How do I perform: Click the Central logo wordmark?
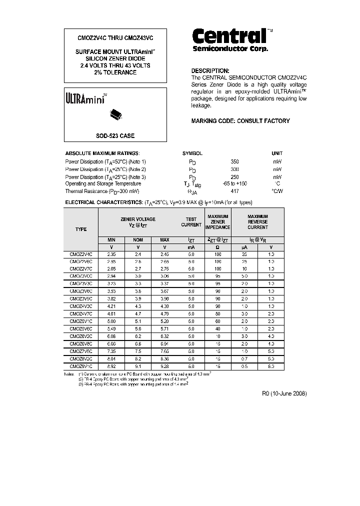coord(229,36)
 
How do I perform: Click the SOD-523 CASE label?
coord(115,136)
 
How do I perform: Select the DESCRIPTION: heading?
coord(210,71)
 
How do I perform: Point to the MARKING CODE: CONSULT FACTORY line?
coord(240,121)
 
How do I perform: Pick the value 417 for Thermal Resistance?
coord(234,191)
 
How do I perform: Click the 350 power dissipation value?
coord(234,162)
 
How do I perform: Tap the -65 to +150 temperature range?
coord(234,183)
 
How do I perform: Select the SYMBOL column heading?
coord(192,153)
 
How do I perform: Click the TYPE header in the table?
coord(81,229)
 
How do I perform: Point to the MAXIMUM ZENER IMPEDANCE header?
coord(217,221)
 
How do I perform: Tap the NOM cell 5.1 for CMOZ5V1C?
coord(138,321)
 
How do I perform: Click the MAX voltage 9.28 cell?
coord(164,366)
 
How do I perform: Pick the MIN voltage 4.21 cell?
coord(111,306)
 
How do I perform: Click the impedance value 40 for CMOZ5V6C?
coord(217,329)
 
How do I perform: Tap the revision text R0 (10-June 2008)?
coord(284,394)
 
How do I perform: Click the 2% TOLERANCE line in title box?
coord(115,72)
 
